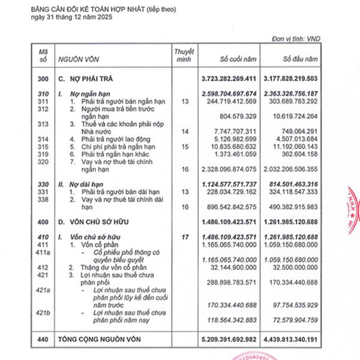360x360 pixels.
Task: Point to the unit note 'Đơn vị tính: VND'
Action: (x=297, y=39)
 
